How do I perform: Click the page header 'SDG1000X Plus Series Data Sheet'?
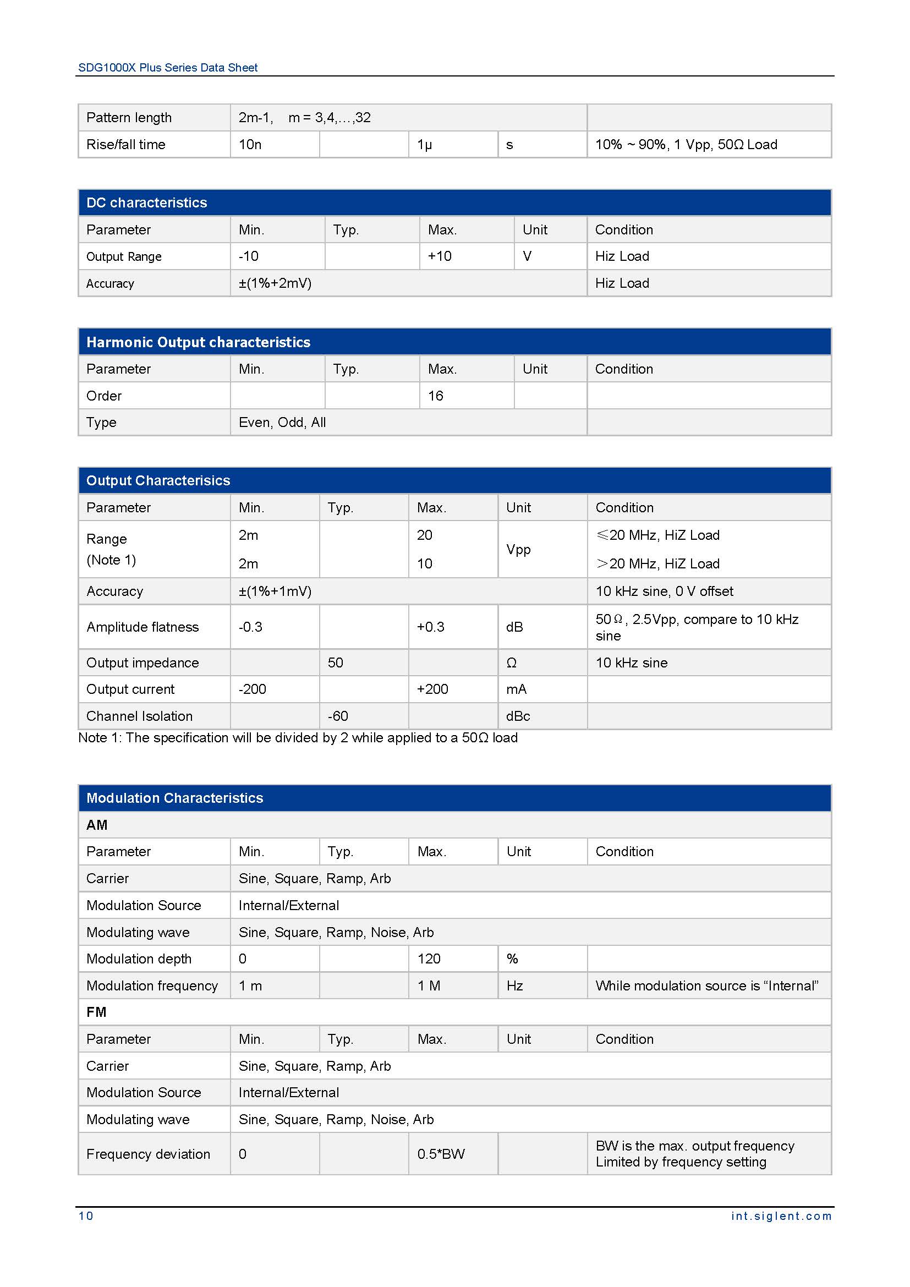(x=168, y=68)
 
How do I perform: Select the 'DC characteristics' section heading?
(x=146, y=202)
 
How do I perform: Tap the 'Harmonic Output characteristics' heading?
(x=198, y=342)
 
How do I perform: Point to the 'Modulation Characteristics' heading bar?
(x=174, y=798)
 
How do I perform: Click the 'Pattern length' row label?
(x=129, y=118)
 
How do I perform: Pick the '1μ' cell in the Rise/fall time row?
(x=424, y=145)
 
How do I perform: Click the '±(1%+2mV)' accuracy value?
(x=275, y=283)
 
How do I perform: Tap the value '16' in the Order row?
(x=435, y=396)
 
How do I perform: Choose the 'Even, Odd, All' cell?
(x=282, y=422)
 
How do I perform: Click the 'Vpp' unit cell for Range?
(x=518, y=549)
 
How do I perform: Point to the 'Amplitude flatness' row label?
(x=142, y=627)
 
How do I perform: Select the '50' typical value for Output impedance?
(x=335, y=662)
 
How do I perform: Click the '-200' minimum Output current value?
(x=252, y=689)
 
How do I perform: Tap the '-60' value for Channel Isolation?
(x=338, y=716)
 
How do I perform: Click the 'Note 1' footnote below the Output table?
(x=298, y=738)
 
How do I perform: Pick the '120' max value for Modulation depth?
(x=429, y=959)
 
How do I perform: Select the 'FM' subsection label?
(x=96, y=1012)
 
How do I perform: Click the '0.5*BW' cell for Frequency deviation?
(x=441, y=1154)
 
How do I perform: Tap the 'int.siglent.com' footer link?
(x=781, y=1216)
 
